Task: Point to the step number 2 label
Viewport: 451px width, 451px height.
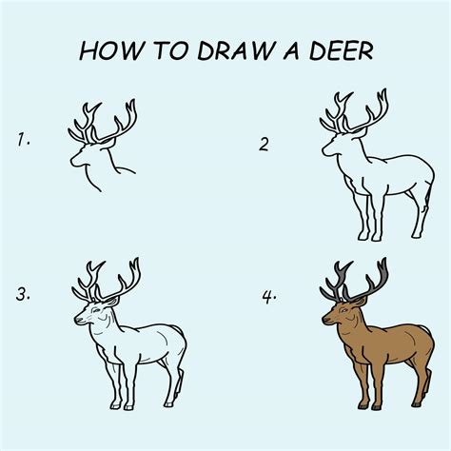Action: pyautogui.click(x=264, y=144)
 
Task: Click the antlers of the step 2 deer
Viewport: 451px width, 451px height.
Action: pyautogui.click(x=358, y=111)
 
